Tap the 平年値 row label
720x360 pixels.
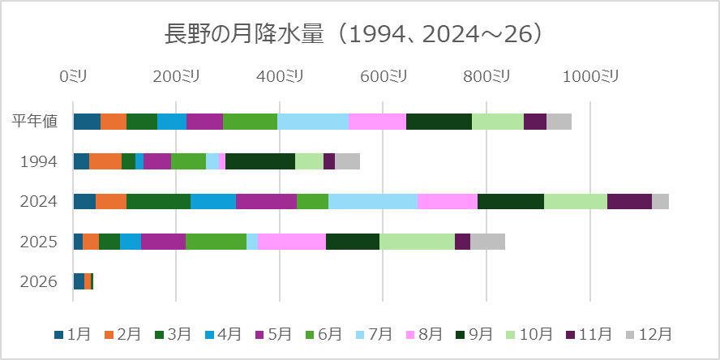click(x=35, y=122)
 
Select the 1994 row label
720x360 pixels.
click(x=38, y=161)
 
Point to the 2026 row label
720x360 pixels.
click(x=38, y=281)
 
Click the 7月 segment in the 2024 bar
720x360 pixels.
click(x=372, y=201)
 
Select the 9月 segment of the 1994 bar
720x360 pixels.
click(x=259, y=161)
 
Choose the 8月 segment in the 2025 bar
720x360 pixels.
click(x=291, y=242)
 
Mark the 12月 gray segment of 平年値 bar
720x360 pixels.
click(x=559, y=122)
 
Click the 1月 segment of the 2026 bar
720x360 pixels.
click(x=78, y=281)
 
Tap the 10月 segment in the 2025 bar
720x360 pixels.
click(x=417, y=242)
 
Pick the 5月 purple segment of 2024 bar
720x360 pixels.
click(x=266, y=201)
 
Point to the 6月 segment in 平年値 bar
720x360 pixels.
click(x=250, y=122)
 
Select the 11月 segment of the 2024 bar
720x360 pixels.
click(x=629, y=201)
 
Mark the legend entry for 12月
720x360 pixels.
click(x=649, y=334)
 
